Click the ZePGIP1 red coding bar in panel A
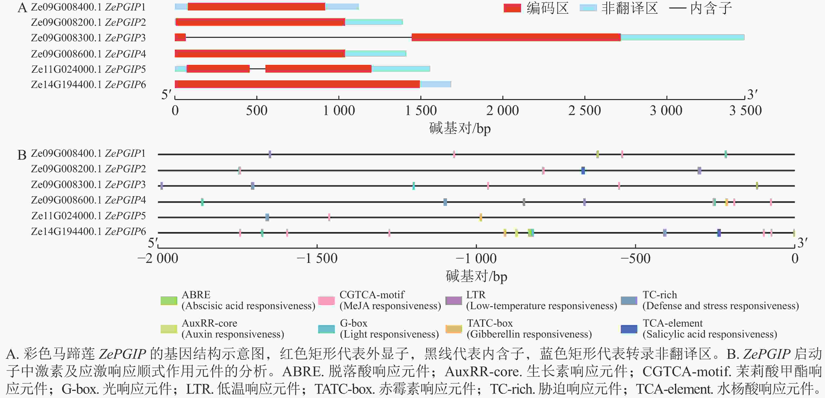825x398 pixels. point(256,6)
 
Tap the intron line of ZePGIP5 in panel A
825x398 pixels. point(258,69)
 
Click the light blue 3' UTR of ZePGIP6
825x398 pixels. point(436,84)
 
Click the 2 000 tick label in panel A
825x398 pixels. point(502,110)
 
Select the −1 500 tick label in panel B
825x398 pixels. point(317,258)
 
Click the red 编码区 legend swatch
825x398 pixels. point(512,8)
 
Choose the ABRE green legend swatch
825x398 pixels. point(169,301)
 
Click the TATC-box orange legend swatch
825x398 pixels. point(454,329)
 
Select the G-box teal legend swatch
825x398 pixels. point(326,329)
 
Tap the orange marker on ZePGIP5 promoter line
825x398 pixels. point(481,217)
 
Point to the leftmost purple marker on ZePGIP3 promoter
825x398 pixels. point(162,186)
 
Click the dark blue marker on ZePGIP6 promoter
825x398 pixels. point(719,233)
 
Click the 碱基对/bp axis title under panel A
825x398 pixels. point(460,129)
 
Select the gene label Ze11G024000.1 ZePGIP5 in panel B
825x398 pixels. point(88,216)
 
